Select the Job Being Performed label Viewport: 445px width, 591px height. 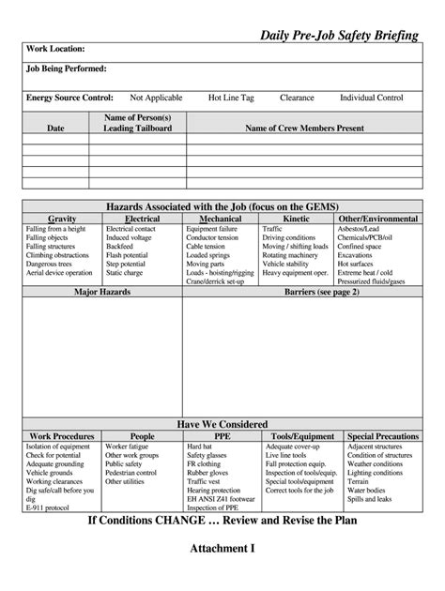tap(66, 68)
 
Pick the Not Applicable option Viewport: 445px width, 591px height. tap(157, 98)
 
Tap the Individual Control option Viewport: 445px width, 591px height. tap(371, 98)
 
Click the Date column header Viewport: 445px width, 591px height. tap(55, 128)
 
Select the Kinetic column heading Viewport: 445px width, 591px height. tap(296, 219)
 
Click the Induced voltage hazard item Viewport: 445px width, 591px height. tap(130, 238)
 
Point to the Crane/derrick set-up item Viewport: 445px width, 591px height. tap(215, 280)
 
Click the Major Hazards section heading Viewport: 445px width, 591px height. tap(102, 293)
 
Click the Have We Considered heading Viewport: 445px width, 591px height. tap(222, 424)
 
